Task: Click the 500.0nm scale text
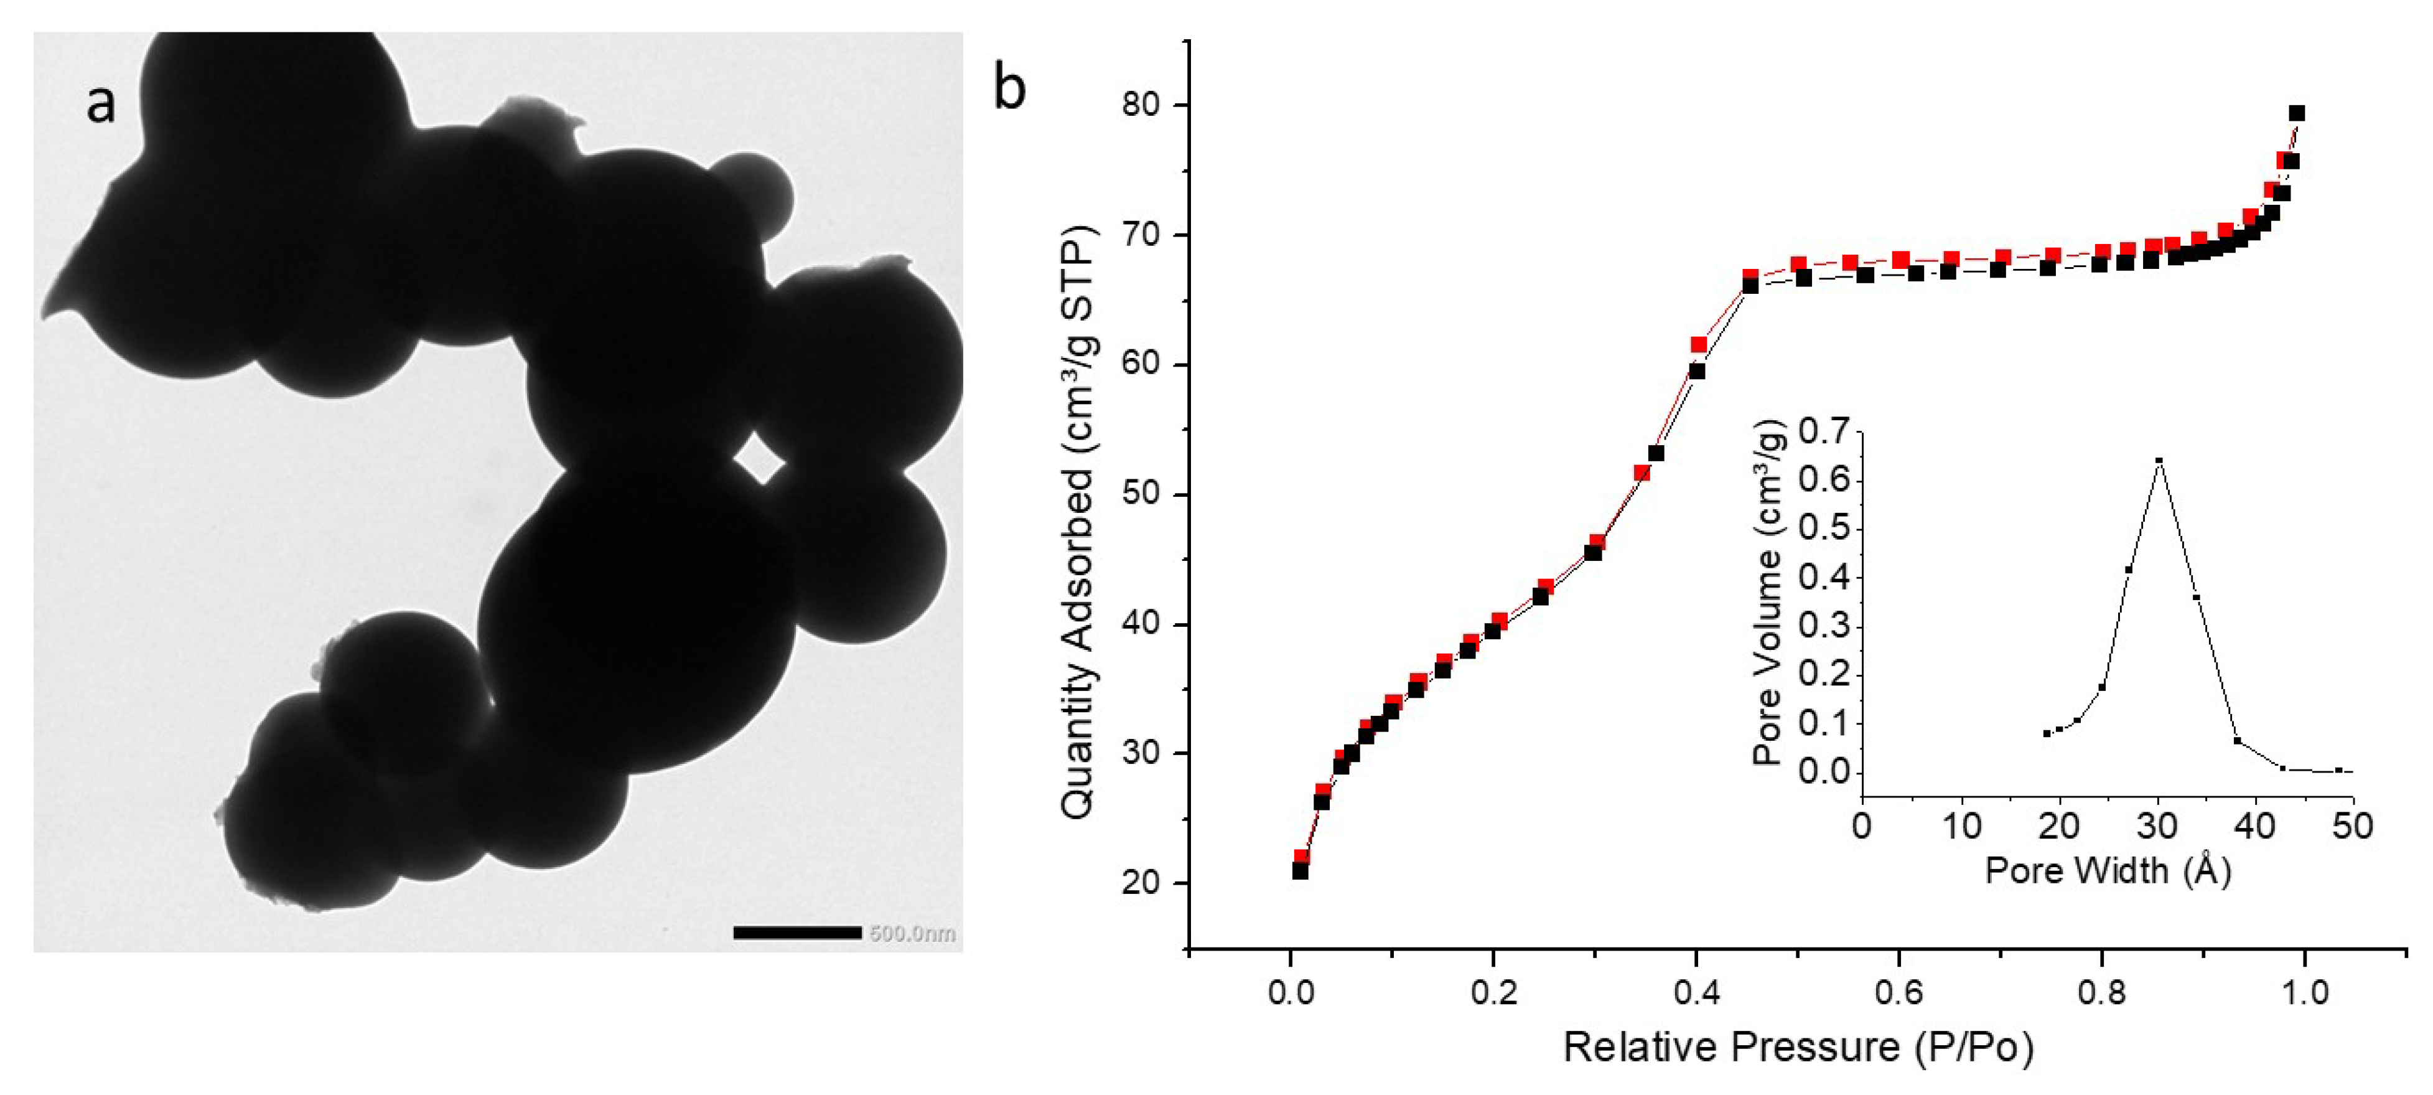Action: [x=912, y=933]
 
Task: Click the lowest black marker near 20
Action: [x=1300, y=871]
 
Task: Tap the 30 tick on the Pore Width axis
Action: [x=2157, y=825]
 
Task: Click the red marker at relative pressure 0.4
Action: [x=1699, y=345]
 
